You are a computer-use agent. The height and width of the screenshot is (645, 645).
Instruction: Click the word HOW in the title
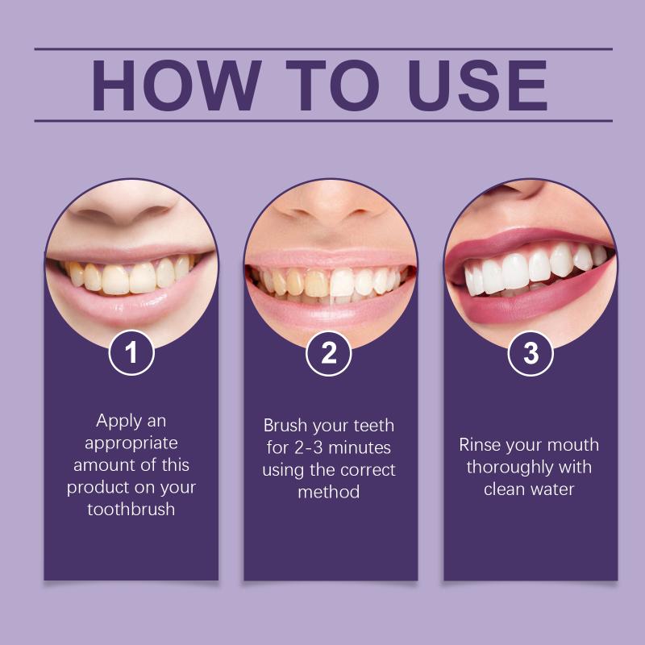point(176,85)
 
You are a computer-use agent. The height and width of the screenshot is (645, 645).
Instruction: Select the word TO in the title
point(332,85)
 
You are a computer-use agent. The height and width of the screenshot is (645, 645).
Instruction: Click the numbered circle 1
point(131,353)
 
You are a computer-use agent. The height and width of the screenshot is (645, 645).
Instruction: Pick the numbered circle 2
point(329,353)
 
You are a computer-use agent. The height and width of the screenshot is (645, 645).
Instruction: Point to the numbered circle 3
point(531,353)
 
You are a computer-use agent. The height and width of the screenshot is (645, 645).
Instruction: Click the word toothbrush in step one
point(131,510)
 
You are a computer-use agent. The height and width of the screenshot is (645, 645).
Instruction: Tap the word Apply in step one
point(114,422)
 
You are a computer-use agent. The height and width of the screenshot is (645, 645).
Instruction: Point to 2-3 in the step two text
point(309,447)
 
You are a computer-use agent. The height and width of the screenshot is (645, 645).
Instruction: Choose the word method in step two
point(329,492)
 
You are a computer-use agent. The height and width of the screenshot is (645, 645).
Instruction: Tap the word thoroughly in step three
point(510,468)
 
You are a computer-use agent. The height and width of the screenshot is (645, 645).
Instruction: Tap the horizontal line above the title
point(323,49)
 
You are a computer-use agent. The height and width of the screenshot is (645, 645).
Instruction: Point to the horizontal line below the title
point(323,121)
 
